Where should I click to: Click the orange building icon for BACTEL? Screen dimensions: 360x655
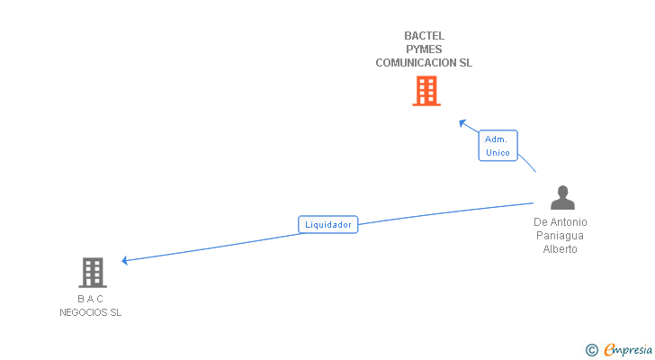pos(426,90)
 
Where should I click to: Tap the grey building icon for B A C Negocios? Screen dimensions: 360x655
pos(92,272)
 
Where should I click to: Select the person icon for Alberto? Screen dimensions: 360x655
pos(562,197)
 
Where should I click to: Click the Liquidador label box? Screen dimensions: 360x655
pos(328,224)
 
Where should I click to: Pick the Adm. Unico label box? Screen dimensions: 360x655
pos(498,146)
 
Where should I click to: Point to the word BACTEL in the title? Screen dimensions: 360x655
pos(424,36)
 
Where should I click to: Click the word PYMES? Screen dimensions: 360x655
pos(424,49)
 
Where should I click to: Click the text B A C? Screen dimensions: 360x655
pos(90,299)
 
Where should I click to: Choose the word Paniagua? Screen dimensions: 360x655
pos(560,236)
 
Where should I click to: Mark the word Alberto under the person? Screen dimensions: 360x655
pos(560,249)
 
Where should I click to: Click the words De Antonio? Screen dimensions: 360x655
pos(560,222)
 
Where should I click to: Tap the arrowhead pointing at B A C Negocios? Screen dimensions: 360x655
pos(125,261)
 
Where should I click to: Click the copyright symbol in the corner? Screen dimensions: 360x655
pos(591,350)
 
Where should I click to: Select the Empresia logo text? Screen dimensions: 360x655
pos(628,350)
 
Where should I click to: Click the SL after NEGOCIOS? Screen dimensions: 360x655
pos(115,312)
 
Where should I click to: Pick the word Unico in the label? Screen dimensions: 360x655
pos(498,153)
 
